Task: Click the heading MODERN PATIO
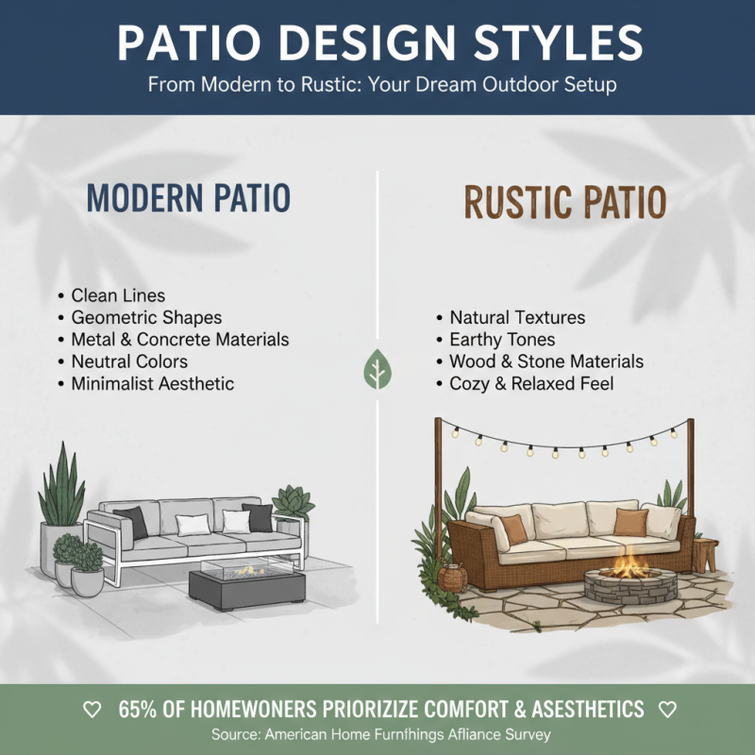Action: (x=188, y=198)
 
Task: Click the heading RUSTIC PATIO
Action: (x=564, y=202)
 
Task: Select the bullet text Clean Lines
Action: (x=118, y=296)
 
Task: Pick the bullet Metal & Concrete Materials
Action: (x=179, y=339)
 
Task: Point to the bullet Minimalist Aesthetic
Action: (x=152, y=383)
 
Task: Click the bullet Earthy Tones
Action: (x=502, y=340)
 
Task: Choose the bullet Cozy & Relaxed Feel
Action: (x=531, y=383)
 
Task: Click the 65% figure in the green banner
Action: (x=138, y=709)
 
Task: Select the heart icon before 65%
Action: (x=92, y=709)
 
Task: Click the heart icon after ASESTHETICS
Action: (x=667, y=709)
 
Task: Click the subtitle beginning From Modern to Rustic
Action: (x=382, y=84)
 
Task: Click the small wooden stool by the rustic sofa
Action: (x=705, y=552)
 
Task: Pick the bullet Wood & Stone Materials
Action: (x=545, y=361)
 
